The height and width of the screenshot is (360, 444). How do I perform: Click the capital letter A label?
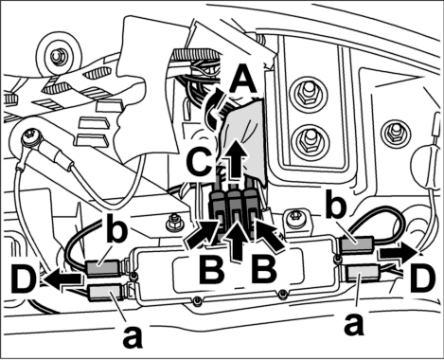pos(242,78)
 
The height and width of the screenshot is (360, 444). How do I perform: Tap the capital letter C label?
pos(199,163)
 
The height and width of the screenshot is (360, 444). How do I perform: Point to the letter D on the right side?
pos(423,279)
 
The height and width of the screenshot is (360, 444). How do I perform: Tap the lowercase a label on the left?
pos(133,337)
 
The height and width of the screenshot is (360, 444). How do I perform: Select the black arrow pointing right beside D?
pos(401,253)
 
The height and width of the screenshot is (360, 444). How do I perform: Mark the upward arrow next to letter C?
pos(234,159)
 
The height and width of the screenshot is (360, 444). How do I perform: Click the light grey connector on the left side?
pos(106,292)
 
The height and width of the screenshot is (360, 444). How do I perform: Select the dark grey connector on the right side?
pos(358,246)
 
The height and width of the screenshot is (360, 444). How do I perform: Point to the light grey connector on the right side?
pos(364,273)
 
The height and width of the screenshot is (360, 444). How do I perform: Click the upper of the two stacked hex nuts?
pos(308,91)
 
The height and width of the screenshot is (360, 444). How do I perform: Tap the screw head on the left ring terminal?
pos(30,138)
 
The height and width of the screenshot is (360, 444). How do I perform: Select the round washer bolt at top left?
pos(59,56)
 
